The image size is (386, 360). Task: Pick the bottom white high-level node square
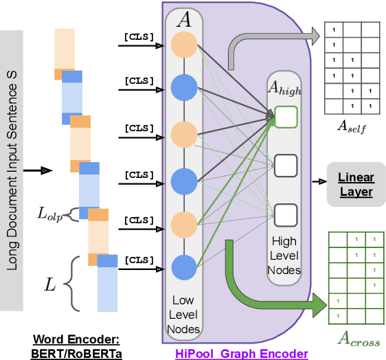tap(284, 214)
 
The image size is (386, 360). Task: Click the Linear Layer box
tap(355, 184)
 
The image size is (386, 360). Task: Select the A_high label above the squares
tap(284, 88)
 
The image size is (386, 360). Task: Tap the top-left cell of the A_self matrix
tap(334, 30)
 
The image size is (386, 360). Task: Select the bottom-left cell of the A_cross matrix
tap(338, 317)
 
